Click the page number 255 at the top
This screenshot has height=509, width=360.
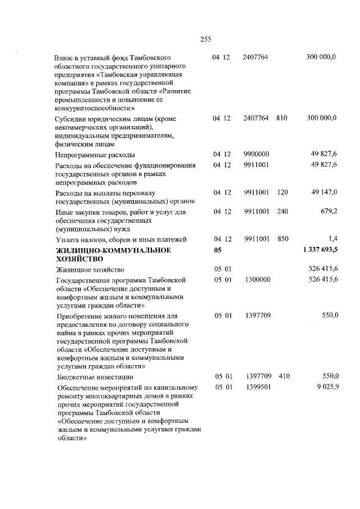(x=205, y=39)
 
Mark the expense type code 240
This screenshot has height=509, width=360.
(x=282, y=212)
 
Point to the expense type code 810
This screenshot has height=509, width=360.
(x=282, y=118)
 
